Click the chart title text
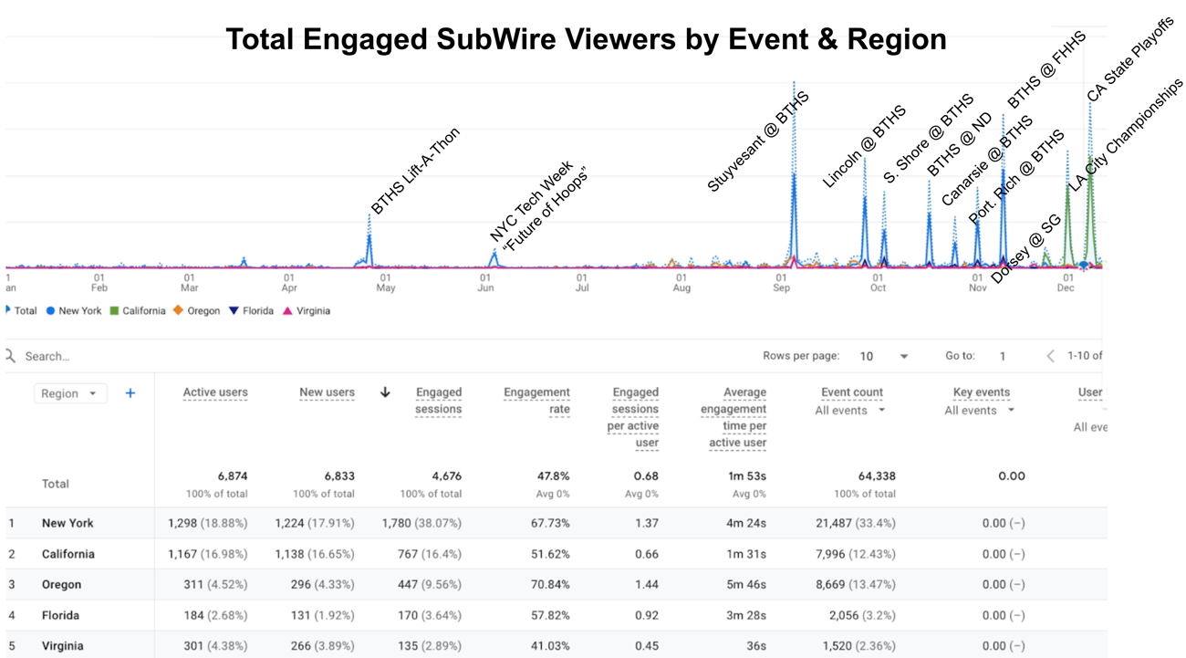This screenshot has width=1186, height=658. (x=586, y=39)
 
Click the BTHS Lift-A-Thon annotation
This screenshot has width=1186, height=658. (x=415, y=171)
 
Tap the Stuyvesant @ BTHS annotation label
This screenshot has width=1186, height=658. (x=758, y=141)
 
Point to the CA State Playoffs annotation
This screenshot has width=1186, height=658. (x=1129, y=58)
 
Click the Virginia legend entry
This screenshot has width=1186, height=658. (x=306, y=310)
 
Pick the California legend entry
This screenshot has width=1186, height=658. (x=138, y=310)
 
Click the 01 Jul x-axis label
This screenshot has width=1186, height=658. (x=582, y=282)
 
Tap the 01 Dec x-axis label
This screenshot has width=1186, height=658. (x=1066, y=282)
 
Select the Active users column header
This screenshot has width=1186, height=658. (x=215, y=392)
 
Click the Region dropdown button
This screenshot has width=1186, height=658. (x=70, y=393)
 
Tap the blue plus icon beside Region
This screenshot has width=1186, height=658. (x=130, y=393)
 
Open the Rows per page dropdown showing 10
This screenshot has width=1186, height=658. (x=884, y=356)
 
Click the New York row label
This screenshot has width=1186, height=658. (x=68, y=523)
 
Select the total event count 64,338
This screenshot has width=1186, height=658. (x=877, y=475)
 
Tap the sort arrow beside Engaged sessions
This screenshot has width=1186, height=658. (x=385, y=392)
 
